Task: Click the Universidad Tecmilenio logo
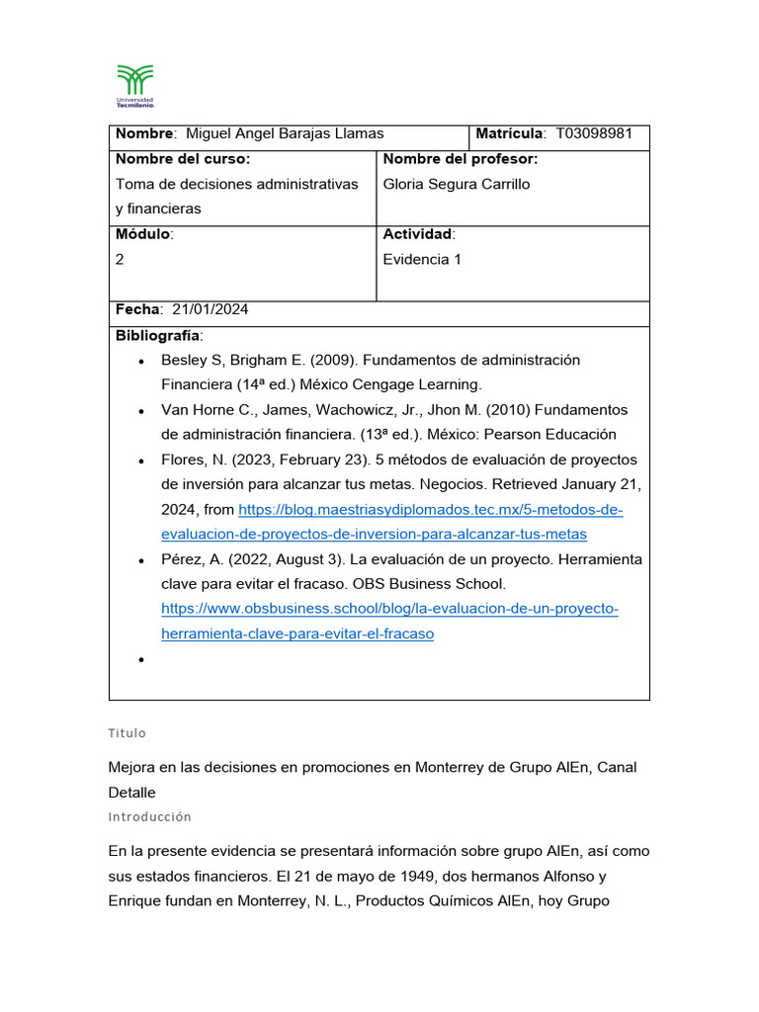[135, 85]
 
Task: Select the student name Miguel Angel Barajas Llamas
[285, 133]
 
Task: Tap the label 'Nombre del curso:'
[183, 159]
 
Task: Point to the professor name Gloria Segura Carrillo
[456, 184]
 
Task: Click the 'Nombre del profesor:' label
[460, 159]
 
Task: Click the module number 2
[120, 259]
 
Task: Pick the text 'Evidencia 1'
[422, 259]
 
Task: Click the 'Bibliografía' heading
[157, 335]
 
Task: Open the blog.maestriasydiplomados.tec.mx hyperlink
[431, 510]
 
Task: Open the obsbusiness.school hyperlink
[389, 609]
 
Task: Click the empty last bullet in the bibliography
[142, 659]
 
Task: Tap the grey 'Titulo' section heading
[126, 733]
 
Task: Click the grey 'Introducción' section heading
[149, 817]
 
